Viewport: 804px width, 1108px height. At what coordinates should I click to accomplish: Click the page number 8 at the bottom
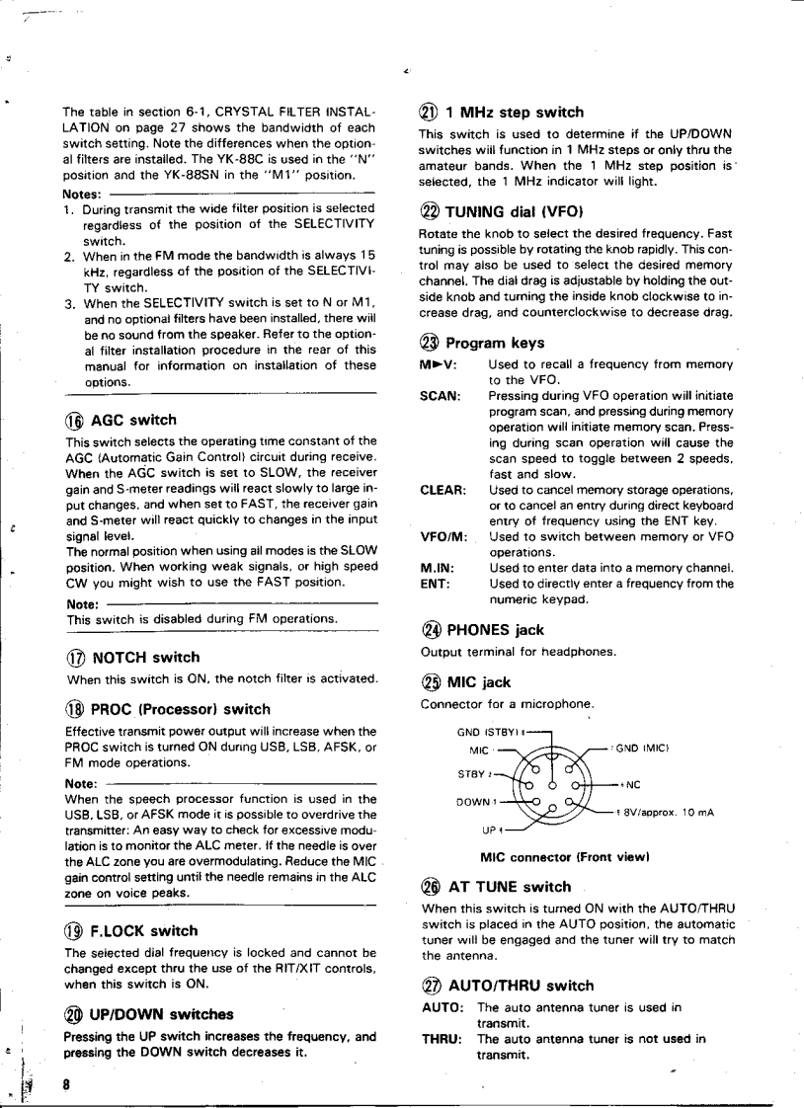[x=67, y=1083]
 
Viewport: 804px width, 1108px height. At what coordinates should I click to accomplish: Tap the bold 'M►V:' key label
[x=438, y=364]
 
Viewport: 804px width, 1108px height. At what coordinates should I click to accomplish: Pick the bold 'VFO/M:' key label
[x=443, y=536]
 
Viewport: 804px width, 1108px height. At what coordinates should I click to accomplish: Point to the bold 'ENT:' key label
[x=435, y=584]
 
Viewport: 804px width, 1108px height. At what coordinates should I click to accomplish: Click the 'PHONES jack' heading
[x=494, y=630]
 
